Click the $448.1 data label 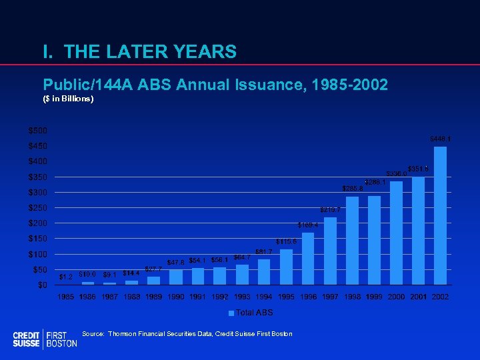click(440, 139)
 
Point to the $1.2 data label click(66, 277)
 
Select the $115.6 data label click(286, 241)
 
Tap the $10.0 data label click(87, 274)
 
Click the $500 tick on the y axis click(37, 129)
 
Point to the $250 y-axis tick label click(37, 207)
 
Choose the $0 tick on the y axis click(41, 285)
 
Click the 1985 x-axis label click(66, 296)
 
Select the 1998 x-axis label click(352, 296)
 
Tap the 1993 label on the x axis click(242, 296)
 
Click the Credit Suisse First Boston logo click(45, 339)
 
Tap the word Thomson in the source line click(123, 333)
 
